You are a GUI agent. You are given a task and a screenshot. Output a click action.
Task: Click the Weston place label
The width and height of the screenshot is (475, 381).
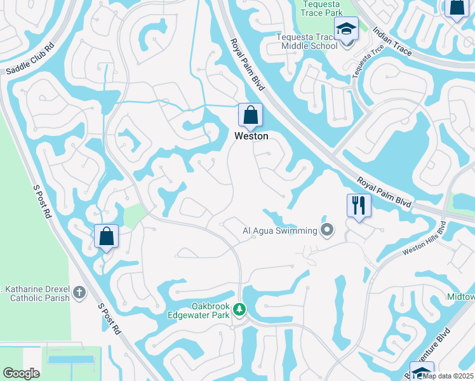tap(251, 136)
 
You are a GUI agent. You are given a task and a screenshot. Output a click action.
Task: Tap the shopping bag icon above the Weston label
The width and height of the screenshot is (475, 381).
tap(251, 116)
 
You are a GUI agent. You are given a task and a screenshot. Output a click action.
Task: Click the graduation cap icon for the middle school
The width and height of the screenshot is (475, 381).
tap(346, 29)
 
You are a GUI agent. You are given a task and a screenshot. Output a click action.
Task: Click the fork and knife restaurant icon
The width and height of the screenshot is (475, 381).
tap(359, 205)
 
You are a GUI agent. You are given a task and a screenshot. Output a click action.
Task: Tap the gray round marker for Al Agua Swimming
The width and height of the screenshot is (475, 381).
tap(328, 229)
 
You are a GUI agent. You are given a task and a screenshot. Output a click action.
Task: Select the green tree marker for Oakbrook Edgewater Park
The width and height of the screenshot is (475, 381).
tap(239, 309)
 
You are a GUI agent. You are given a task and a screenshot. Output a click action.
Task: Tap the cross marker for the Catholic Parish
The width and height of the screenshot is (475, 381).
tap(79, 293)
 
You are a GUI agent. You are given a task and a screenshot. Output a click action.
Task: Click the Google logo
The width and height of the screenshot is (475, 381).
tap(21, 373)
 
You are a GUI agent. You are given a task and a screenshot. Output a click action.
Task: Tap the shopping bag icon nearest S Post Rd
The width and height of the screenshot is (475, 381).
tap(106, 236)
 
